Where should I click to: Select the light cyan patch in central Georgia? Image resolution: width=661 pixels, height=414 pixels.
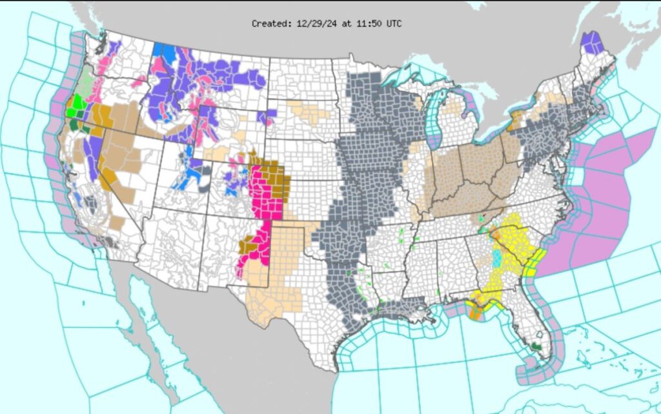(x=496, y=259)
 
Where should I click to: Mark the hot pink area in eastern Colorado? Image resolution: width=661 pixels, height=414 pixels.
(x=266, y=193)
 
